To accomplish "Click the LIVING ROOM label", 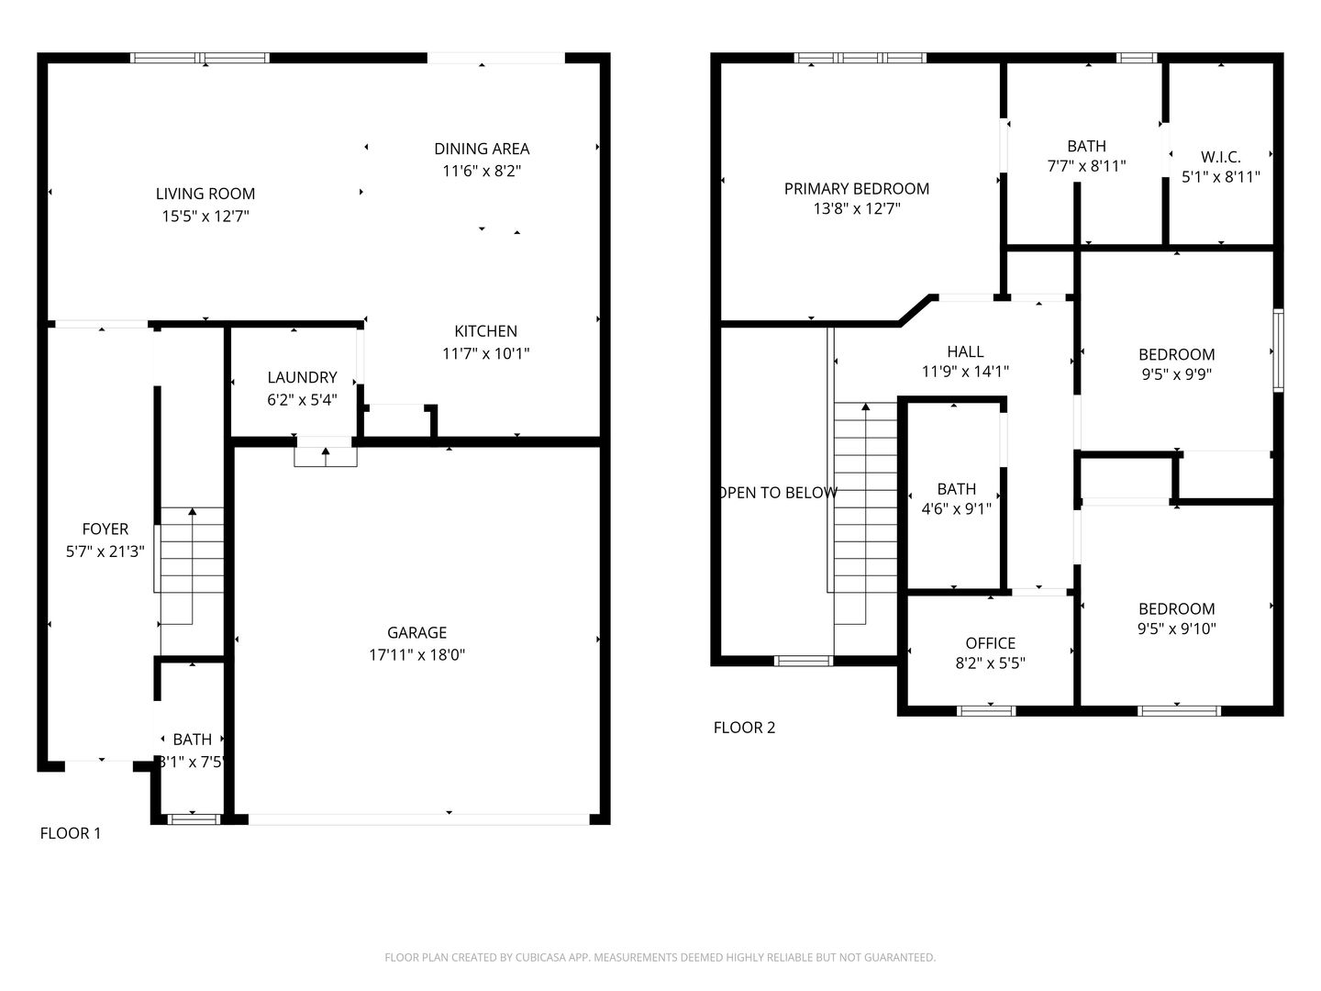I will [205, 194].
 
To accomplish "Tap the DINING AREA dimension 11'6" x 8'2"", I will [482, 171].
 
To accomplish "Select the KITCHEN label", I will [485, 331].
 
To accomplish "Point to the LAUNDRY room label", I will [302, 377].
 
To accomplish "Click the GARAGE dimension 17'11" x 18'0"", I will [416, 655].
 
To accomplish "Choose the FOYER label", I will [105, 529].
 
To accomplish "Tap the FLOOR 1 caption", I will [71, 833].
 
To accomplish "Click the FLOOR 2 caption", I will [744, 728].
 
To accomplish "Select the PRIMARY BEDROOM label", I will [856, 188].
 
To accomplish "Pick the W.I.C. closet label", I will [1220, 157].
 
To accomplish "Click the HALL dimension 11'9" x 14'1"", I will [965, 372].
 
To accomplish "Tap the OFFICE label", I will [990, 643].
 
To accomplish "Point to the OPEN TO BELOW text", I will [777, 493].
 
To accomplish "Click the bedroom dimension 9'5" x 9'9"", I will [1176, 374].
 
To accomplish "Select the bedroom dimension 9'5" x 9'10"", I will [1176, 629].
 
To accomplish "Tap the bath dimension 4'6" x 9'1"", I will [956, 509].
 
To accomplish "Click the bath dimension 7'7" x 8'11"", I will [1086, 166].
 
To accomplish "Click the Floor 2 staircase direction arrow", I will [865, 406].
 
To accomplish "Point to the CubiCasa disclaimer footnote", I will [660, 957].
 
